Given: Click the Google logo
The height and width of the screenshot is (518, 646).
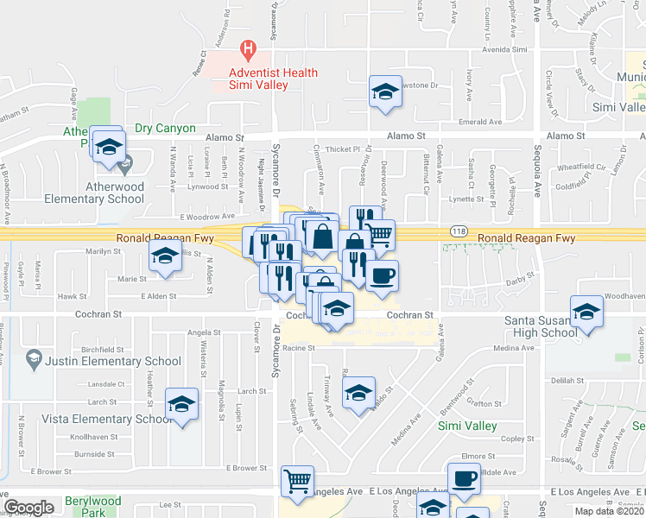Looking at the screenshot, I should [x=28, y=507].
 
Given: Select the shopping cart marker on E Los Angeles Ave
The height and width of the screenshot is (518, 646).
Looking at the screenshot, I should [x=298, y=481].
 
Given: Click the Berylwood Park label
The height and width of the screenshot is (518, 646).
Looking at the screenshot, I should [x=92, y=506].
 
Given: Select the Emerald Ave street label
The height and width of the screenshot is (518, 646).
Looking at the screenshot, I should [x=481, y=123].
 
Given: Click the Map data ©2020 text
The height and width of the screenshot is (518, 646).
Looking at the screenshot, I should [x=609, y=511].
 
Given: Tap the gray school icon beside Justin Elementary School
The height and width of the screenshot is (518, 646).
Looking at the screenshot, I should [x=34, y=357].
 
